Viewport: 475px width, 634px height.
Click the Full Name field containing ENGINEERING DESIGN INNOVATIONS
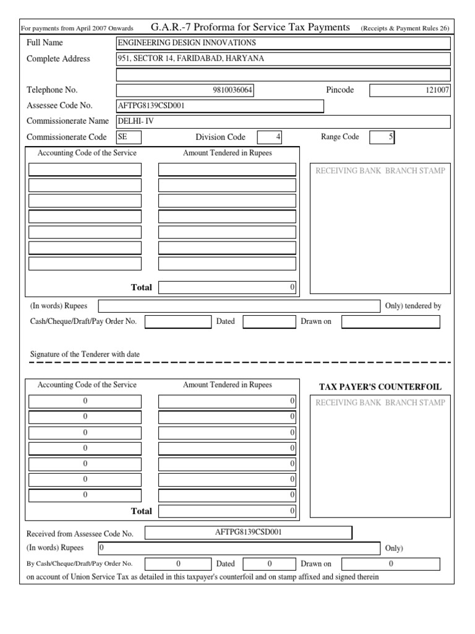coord(283,43)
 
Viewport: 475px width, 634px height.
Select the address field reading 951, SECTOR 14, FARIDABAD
coord(283,59)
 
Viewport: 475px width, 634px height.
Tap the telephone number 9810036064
coord(185,90)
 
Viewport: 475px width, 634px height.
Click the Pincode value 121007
coord(409,90)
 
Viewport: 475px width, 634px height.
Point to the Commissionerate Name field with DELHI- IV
coord(283,121)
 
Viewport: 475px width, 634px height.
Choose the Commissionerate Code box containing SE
coord(129,137)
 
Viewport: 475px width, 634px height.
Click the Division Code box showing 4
coord(269,137)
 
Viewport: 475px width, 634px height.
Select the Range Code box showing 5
coord(382,137)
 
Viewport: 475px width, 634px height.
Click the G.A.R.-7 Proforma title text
coord(250,27)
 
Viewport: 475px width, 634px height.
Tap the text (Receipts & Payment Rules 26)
coord(404,28)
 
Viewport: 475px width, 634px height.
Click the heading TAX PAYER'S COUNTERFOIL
coord(380,387)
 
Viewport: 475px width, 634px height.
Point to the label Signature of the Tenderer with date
coord(85,354)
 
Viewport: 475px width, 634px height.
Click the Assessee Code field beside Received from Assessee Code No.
coord(248,532)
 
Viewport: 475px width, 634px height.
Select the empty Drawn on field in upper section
coord(390,322)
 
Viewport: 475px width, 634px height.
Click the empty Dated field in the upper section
coord(268,322)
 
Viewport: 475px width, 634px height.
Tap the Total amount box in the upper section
coord(227,287)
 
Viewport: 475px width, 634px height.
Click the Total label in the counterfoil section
coord(141,511)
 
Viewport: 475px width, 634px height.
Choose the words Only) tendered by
coord(413,306)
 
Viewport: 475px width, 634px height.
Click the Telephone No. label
coord(52,90)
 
